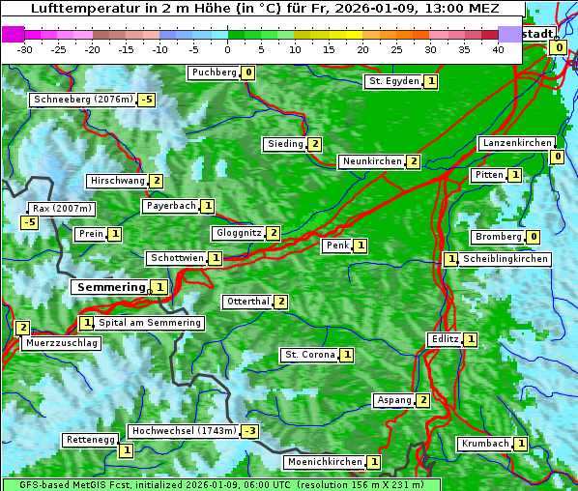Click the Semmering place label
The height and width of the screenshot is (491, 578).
click(110, 287)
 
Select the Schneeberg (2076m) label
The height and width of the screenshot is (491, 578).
click(82, 100)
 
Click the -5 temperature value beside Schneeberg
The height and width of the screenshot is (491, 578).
click(146, 100)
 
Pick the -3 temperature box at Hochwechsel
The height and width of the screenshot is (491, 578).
click(250, 431)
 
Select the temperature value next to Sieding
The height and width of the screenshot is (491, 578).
click(315, 144)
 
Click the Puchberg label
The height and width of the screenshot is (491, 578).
click(214, 72)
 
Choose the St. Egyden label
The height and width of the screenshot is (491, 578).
click(393, 81)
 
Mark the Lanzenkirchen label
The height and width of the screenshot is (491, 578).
click(517, 143)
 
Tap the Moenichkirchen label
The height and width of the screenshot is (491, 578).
click(325, 463)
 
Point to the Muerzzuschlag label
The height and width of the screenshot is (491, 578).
click(62, 343)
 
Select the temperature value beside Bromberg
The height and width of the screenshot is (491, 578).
click(534, 237)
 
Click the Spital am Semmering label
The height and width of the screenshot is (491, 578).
click(150, 323)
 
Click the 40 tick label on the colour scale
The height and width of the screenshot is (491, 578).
click(498, 49)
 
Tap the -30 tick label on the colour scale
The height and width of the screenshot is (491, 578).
click(25, 49)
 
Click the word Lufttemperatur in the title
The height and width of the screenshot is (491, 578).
click(78, 9)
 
